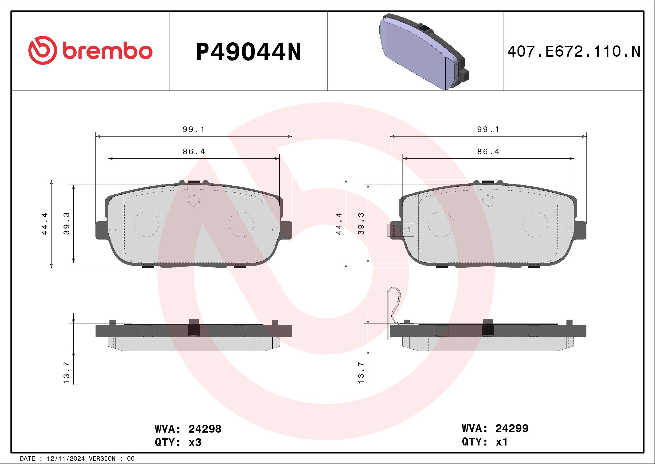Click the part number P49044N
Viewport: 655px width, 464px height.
(x=248, y=52)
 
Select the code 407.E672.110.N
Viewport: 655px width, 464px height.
(x=574, y=52)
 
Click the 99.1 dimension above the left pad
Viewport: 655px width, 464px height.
(x=194, y=130)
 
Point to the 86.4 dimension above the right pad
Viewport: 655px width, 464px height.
(x=488, y=152)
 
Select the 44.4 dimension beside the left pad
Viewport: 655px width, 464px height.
(x=45, y=224)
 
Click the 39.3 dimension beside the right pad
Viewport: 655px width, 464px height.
(x=361, y=224)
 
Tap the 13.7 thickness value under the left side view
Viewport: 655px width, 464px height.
(x=66, y=373)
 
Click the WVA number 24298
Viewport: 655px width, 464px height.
(x=205, y=429)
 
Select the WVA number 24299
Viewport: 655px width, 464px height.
(x=512, y=428)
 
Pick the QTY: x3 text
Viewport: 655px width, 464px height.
(x=178, y=442)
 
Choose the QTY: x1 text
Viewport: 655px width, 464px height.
(x=485, y=442)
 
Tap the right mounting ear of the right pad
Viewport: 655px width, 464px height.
(x=581, y=230)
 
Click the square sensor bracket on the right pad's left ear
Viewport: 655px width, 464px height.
(x=400, y=230)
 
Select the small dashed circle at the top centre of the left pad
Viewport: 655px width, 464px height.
(x=194, y=200)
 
